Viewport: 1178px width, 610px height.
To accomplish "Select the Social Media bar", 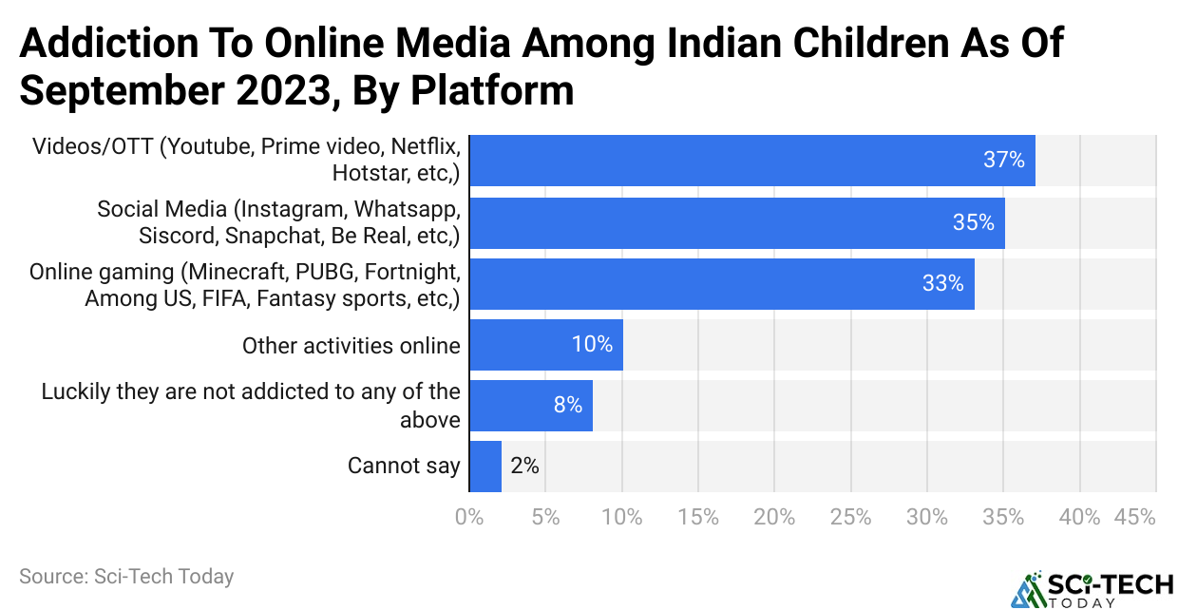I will pos(737,222).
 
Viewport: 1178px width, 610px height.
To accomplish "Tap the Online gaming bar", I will pos(722,283).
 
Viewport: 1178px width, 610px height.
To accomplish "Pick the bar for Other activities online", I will pos(546,344).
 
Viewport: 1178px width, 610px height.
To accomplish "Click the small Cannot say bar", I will pos(485,466).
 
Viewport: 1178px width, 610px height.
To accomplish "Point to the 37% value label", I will pos(1004,161).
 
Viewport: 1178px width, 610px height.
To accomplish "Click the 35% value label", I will pos(974,222).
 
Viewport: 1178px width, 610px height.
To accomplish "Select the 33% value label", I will pos(943,283).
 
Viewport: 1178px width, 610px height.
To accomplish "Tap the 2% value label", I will pos(524,466).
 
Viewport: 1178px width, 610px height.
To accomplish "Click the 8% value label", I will pos(568,405).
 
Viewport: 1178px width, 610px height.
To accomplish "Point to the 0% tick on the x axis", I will pos(470,518).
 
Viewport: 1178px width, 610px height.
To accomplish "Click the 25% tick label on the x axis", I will pos(850,518).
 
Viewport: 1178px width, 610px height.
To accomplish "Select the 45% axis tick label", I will pos(1136,518).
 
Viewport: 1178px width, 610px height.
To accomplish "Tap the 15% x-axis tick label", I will pos(698,518).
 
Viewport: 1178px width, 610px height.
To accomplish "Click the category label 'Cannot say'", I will pos(404,466).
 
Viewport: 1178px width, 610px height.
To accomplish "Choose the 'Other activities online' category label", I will pos(351,345).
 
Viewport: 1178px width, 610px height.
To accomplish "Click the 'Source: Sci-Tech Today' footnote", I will pos(126,576).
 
